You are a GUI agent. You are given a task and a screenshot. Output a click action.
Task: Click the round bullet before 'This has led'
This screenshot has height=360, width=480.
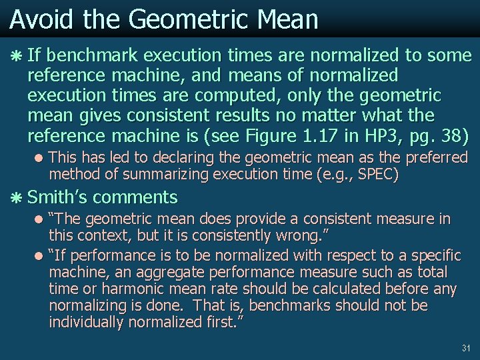click(x=41, y=159)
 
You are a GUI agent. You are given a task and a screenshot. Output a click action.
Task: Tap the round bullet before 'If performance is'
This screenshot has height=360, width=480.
click(x=41, y=255)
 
